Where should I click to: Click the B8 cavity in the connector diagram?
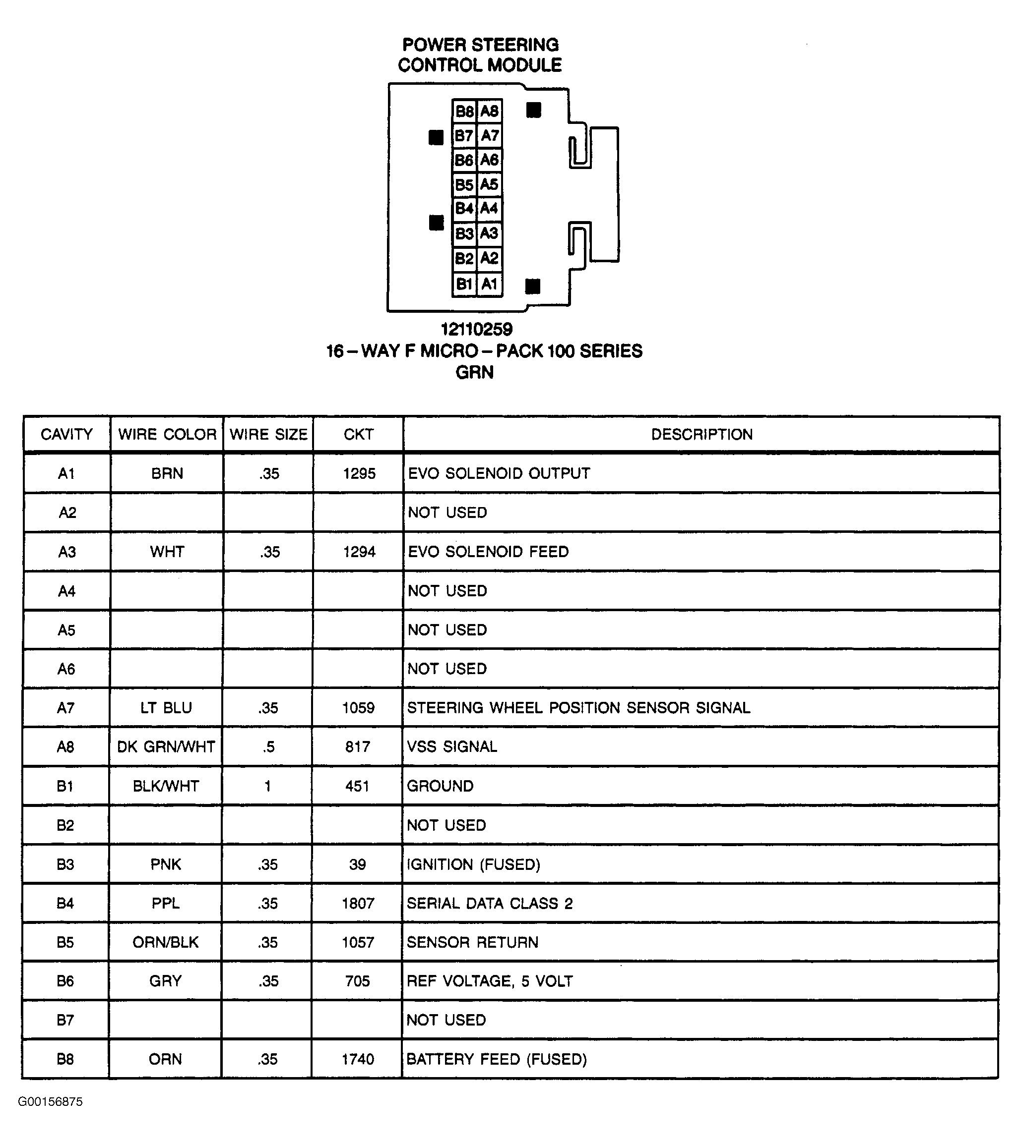coord(464,111)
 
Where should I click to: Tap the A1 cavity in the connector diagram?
coord(489,284)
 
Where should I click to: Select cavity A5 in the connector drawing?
coord(489,184)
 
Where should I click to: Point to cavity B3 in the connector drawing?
coord(464,233)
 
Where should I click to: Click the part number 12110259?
coord(476,329)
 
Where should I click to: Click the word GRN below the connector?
coord(475,372)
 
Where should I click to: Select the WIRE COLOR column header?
coord(167,435)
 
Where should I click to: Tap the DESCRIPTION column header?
coord(701,435)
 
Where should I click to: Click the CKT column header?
coord(358,435)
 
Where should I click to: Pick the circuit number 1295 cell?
coord(359,474)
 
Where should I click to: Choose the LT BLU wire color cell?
coord(166,708)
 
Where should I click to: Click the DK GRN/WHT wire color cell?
coord(166,747)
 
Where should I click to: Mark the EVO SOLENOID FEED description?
coord(488,552)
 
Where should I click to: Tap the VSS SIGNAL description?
coord(452,747)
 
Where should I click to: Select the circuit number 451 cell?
coord(358,786)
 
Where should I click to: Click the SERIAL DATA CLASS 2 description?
coord(490,903)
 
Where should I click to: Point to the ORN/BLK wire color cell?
coord(165,943)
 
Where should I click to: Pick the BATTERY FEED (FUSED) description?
coord(497,1060)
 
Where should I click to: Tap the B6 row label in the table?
coord(65,981)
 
